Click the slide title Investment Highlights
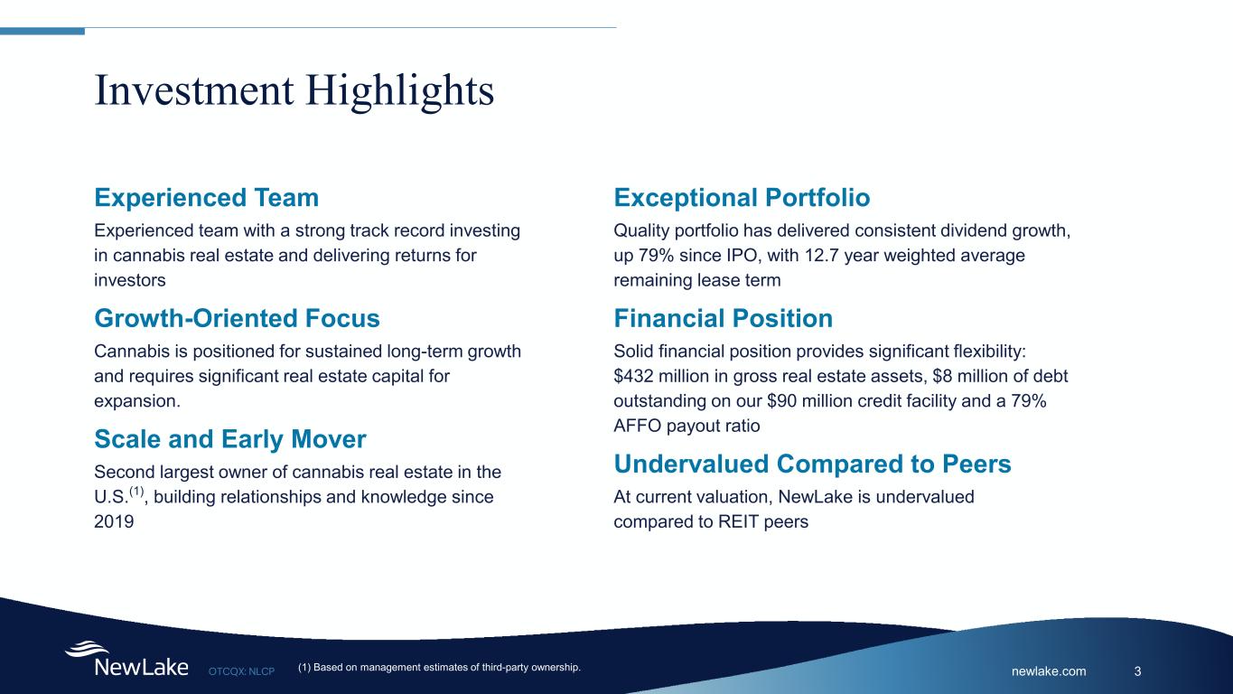coord(294,91)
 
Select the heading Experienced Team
coord(206,198)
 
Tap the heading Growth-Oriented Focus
coord(237,319)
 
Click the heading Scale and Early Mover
coord(229,440)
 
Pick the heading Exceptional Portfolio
coord(742,198)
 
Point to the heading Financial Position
coord(723,319)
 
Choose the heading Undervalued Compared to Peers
coord(812,464)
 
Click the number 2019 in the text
coord(114,522)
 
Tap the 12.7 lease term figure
coord(799,256)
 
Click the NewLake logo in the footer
coord(126,660)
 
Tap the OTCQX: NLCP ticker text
coord(241,671)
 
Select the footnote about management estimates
coord(438,668)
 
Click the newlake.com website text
coord(1049,671)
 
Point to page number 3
coord(1137,671)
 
